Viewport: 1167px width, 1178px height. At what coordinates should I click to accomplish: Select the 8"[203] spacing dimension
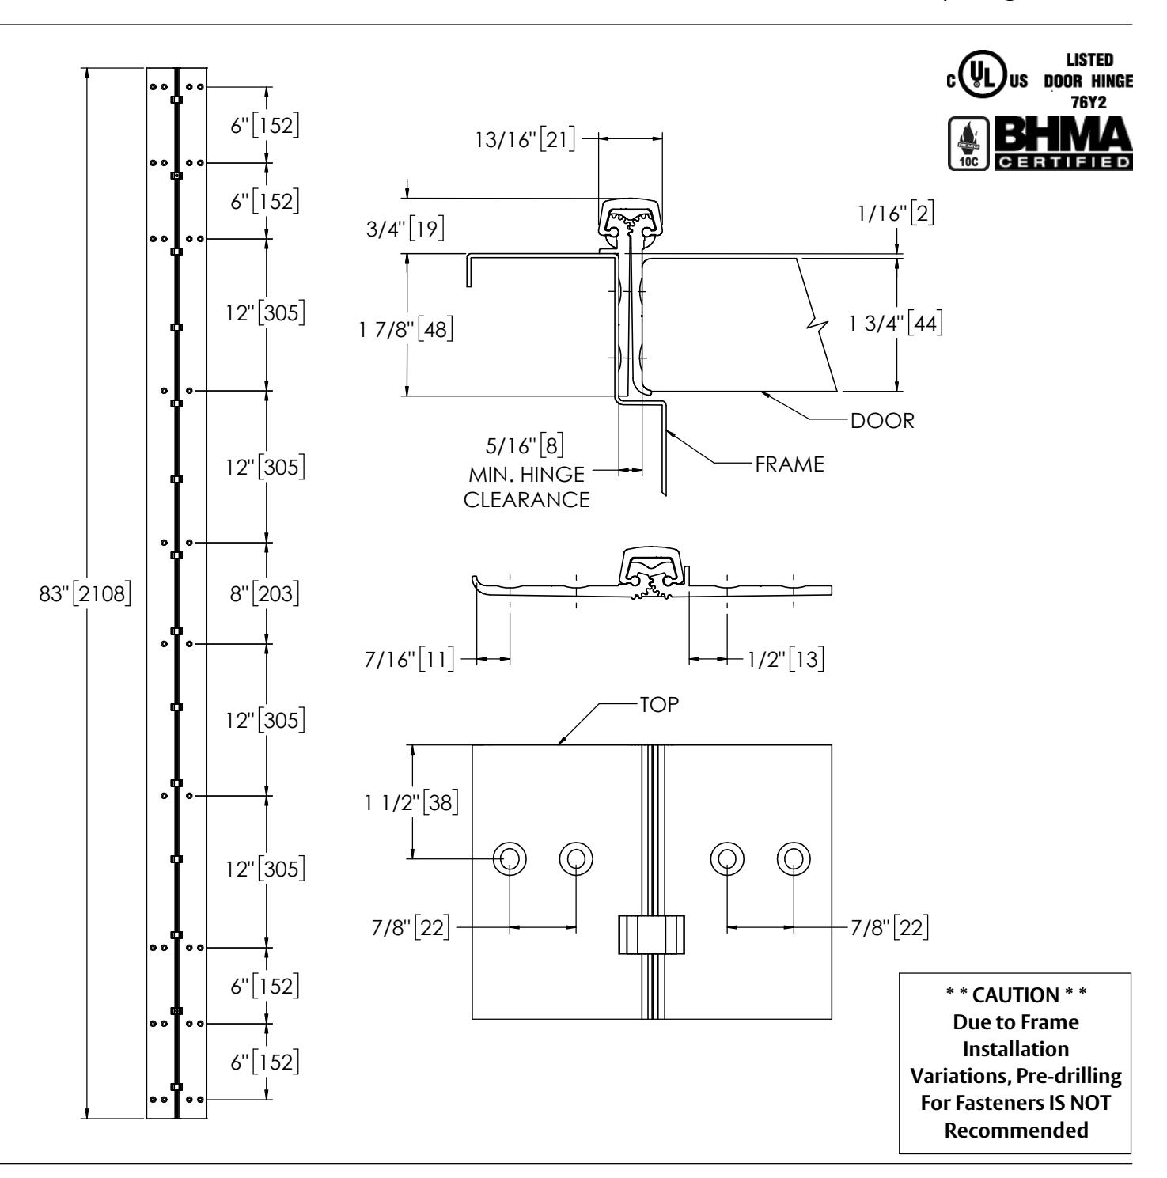[x=265, y=593]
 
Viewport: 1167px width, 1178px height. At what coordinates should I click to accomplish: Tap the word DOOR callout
[x=882, y=420]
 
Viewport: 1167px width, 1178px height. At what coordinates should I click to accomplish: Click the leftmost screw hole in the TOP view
[x=510, y=858]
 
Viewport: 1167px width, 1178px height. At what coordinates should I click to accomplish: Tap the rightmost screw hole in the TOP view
[x=794, y=858]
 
